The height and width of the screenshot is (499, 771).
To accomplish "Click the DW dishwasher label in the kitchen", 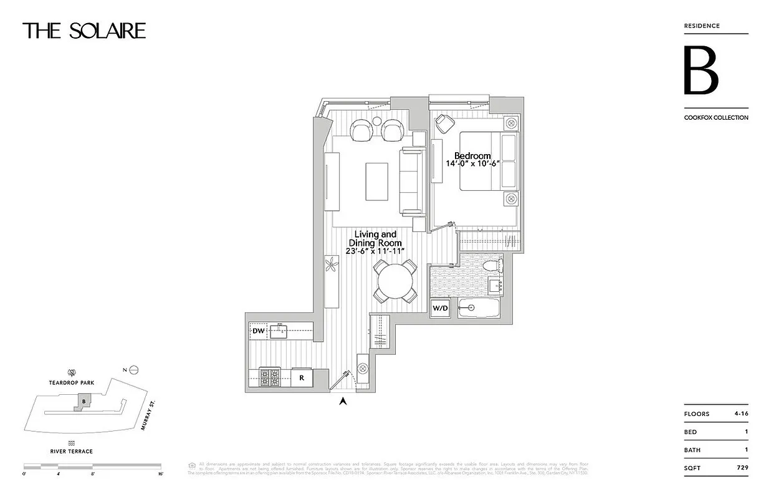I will pyautogui.click(x=258, y=332).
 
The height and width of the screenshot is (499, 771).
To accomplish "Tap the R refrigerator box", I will pyautogui.click(x=301, y=377).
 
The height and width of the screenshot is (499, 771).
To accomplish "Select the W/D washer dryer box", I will pyautogui.click(x=441, y=308).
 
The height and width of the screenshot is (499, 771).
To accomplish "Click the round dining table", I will pyautogui.click(x=395, y=282).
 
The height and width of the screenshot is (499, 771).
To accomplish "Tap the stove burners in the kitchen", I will pyautogui.click(x=270, y=377).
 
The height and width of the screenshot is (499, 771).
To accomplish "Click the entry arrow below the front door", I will pyautogui.click(x=342, y=402).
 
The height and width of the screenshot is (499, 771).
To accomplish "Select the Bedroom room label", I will pyautogui.click(x=472, y=155).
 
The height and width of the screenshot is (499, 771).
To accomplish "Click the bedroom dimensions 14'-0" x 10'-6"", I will pyautogui.click(x=472, y=163).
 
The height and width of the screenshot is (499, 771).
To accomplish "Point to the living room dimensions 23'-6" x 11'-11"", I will pyautogui.click(x=376, y=251).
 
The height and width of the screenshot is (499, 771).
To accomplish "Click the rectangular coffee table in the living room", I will pyautogui.click(x=376, y=182).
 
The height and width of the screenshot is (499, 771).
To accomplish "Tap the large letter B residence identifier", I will pyautogui.click(x=701, y=70).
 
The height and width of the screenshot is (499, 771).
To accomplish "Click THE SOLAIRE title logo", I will pyautogui.click(x=84, y=31).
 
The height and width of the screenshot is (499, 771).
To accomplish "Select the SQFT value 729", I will pyautogui.click(x=742, y=467).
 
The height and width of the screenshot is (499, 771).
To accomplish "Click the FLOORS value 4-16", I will pyautogui.click(x=740, y=414).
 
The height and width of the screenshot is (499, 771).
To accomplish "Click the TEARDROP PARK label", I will pyautogui.click(x=72, y=382).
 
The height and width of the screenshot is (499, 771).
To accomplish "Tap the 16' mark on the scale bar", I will pyautogui.click(x=160, y=474).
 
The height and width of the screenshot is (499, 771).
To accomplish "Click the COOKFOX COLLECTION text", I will pyautogui.click(x=716, y=117).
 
